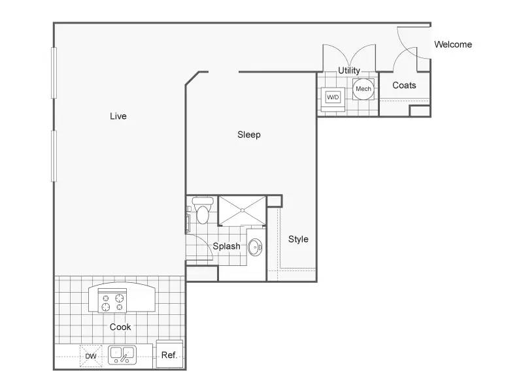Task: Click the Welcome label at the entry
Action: [x=453, y=44]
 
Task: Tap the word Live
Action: [x=118, y=116]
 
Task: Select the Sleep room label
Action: [x=249, y=135]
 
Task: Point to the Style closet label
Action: [x=298, y=239]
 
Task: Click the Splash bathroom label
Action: [x=226, y=246]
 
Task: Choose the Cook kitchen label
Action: [x=120, y=327]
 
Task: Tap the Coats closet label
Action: [x=404, y=86]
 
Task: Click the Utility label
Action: [x=349, y=71]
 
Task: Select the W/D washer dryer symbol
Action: [x=333, y=97]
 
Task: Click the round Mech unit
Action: [x=363, y=89]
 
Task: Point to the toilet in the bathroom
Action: [x=203, y=210]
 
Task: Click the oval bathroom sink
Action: [x=255, y=248]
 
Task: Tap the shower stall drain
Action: [x=243, y=210]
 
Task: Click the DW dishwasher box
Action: [x=91, y=356]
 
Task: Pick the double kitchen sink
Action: [x=122, y=355]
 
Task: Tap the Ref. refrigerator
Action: [x=169, y=354]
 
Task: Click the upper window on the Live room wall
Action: [x=54, y=73]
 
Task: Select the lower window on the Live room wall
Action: [x=54, y=156]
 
